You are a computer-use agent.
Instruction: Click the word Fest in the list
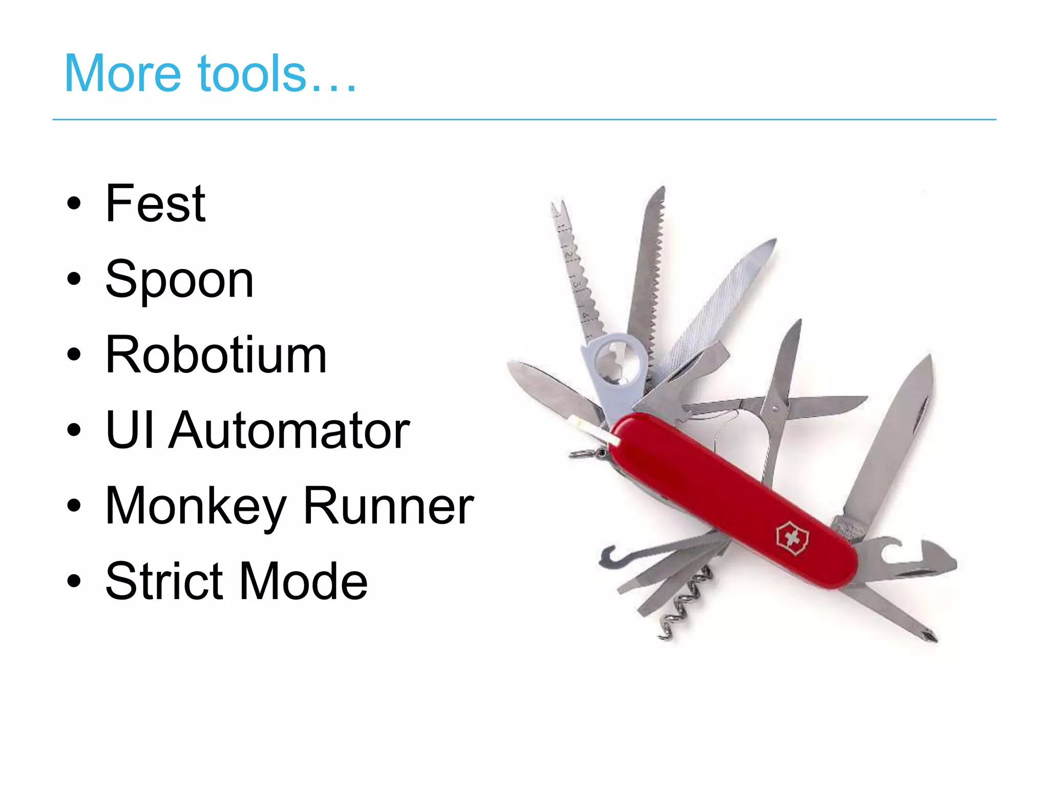(x=155, y=203)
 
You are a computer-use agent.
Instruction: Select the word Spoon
(x=179, y=280)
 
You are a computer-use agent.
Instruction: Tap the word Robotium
(x=216, y=355)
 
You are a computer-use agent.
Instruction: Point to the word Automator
(x=289, y=430)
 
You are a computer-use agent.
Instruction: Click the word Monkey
(x=195, y=506)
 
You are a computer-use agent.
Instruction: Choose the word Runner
(x=388, y=506)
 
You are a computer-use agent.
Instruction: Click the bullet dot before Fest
(x=74, y=203)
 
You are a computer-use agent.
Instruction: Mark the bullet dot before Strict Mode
(x=74, y=582)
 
